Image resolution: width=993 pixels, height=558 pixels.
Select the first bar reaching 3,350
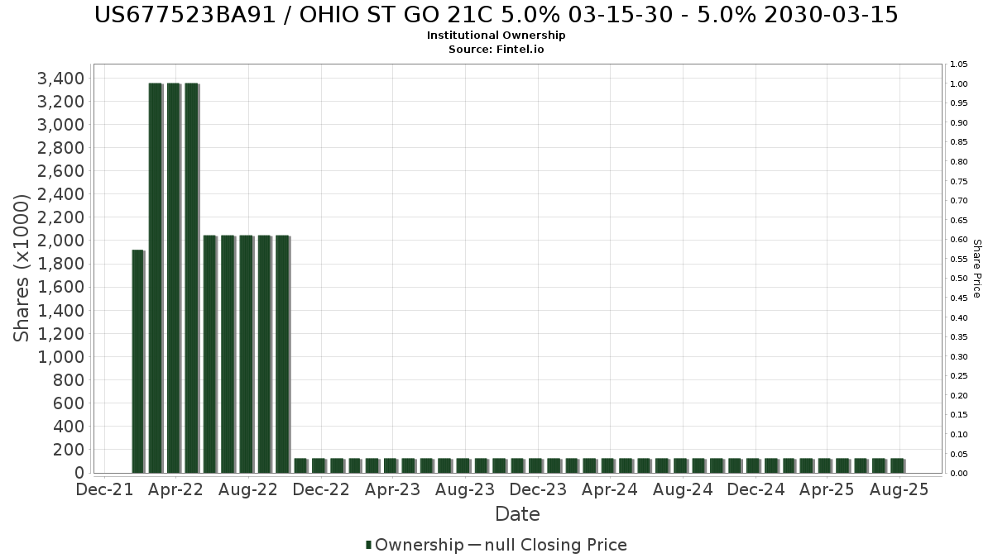point(156,278)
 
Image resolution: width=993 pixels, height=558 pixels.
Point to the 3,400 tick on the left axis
point(60,79)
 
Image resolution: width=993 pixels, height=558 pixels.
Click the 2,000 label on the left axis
point(60,241)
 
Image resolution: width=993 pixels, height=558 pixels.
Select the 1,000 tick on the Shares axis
point(60,357)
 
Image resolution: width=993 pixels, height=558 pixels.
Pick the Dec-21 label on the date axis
point(104,489)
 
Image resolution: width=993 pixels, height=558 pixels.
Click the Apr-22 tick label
point(175,489)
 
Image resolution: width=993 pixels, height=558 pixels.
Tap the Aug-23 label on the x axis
point(465,489)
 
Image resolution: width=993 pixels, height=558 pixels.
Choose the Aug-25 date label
point(899,489)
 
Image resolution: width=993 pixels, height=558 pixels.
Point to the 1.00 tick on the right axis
point(959,83)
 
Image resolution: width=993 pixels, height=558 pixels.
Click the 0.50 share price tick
point(959,279)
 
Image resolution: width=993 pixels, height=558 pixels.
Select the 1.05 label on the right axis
point(959,64)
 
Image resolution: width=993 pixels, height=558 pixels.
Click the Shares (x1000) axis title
point(21,268)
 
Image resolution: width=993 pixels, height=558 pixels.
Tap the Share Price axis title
point(977,269)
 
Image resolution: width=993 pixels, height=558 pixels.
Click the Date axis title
point(517,514)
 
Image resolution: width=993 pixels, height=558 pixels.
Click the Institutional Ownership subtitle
point(496,36)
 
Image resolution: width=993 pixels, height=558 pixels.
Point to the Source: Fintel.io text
point(496,49)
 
